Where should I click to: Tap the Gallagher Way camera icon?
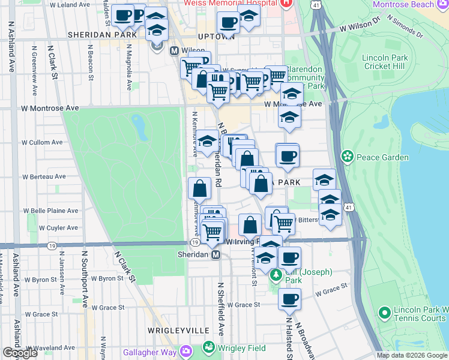click(186, 351)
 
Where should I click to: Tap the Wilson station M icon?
click(174, 51)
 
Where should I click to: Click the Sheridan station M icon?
click(217, 254)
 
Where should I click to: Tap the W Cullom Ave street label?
click(43, 143)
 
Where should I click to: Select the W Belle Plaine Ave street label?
click(51, 211)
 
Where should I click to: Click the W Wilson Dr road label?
click(360, 27)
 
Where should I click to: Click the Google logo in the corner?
click(20, 353)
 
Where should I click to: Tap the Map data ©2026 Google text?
click(412, 355)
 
